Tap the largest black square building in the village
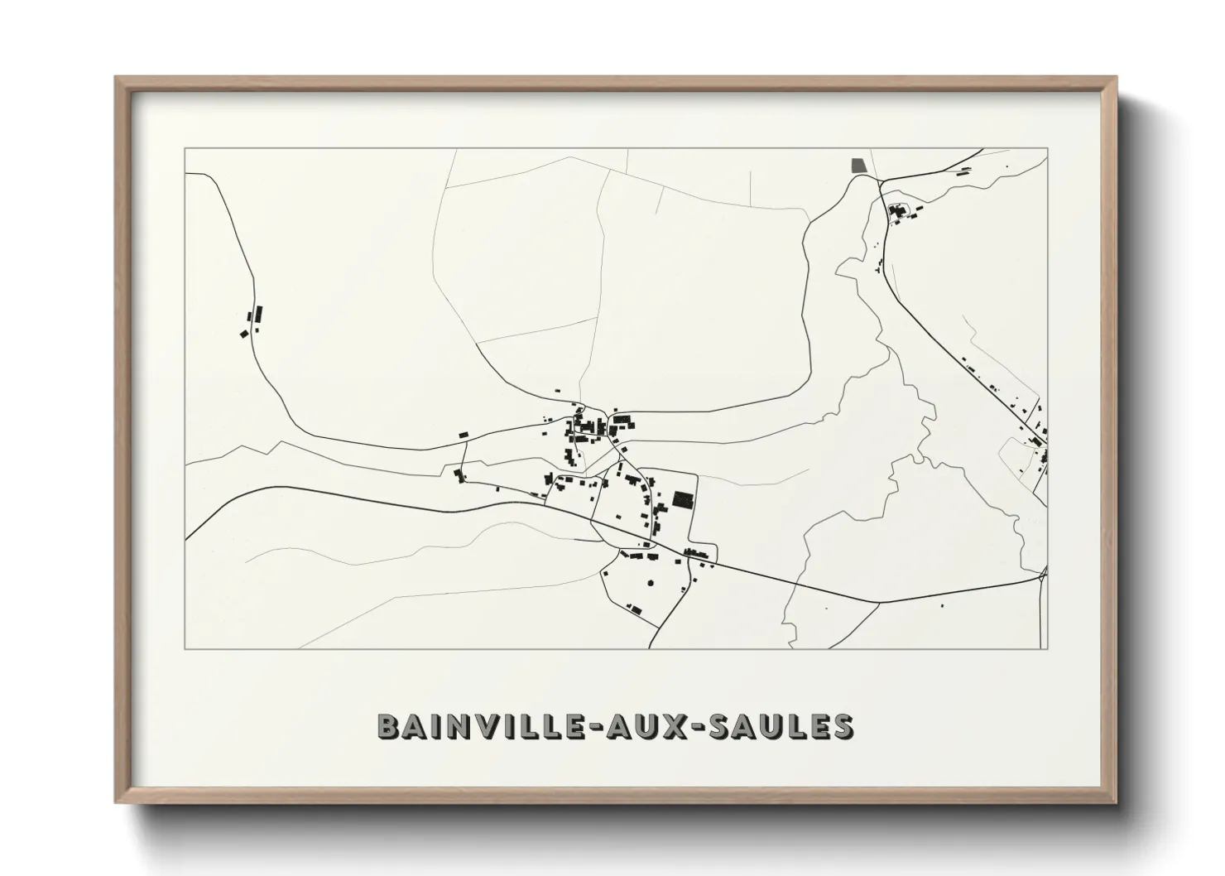coord(683,499)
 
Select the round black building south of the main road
coord(649,582)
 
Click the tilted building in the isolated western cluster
coord(244,333)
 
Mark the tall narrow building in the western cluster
coord(257,314)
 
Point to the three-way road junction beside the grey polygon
coord(879,180)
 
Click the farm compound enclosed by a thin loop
coord(899,212)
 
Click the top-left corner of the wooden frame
coord(116,78)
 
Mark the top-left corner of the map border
coord(185,148)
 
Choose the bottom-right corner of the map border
coord(1048,648)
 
